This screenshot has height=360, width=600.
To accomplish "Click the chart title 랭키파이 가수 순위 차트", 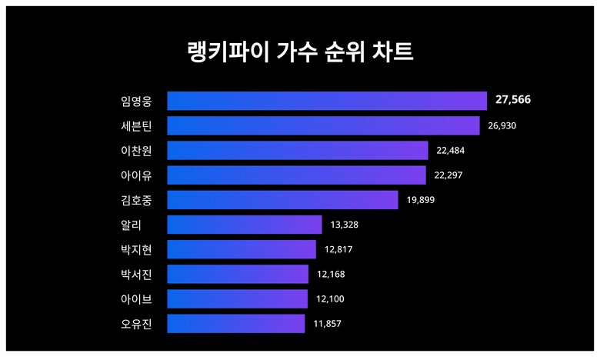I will coord(300,52).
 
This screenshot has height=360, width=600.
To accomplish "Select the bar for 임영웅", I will coord(327,101).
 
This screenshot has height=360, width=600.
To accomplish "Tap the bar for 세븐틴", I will coord(323,125).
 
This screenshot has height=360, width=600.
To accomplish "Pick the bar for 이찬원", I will coord(297,150).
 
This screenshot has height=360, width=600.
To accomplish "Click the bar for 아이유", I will coord(296,175).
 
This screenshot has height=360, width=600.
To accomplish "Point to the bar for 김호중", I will coord(282,200).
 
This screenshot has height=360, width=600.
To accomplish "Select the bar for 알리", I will coord(244,225).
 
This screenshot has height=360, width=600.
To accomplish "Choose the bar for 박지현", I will coord(242,249).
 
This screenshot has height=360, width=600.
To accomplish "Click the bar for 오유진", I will coord(235,323).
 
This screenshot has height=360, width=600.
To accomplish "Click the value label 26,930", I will coord(502,125).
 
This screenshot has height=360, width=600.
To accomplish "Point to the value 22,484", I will coord(450,150).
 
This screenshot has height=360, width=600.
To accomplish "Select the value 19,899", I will coord(421,200).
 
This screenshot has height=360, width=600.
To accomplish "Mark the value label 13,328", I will coord(345,225).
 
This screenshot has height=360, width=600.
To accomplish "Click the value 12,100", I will coord(330,298).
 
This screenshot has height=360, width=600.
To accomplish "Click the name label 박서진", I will coord(137,274).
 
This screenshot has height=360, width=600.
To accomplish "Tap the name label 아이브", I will coord(137,298).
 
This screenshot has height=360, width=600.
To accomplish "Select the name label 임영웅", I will coord(137,101).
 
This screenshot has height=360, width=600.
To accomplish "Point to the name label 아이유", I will coord(137,175).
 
